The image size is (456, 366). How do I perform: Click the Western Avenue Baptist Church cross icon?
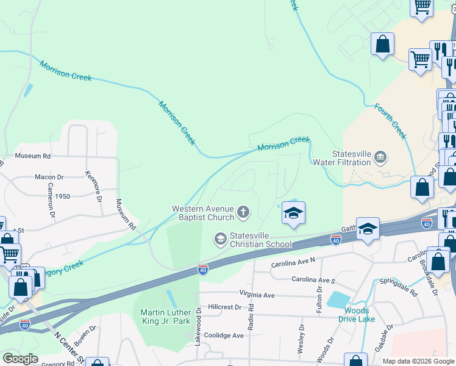tap(243, 212)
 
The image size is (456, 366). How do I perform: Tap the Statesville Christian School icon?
tap(219, 239)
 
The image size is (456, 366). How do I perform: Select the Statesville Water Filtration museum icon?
tap(380, 157)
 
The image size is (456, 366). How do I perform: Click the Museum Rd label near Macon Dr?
tap(32, 156)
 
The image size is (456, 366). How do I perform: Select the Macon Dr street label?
tap(49, 178)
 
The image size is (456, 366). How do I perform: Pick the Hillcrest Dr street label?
tap(225, 307)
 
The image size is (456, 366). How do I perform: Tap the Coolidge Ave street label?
tap(224, 335)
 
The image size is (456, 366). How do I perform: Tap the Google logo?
tap(20, 359)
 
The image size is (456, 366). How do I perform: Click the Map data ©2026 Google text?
tap(418, 361)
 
